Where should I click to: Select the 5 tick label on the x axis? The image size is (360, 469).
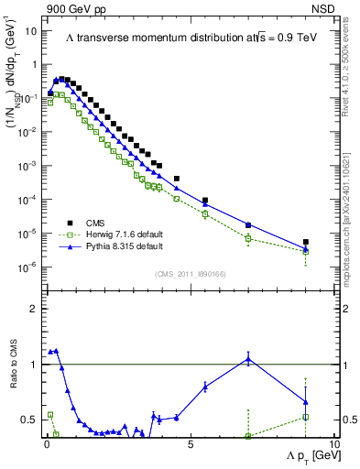190,444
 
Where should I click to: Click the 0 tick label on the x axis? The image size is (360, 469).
47,444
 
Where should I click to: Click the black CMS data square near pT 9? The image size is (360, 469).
306,243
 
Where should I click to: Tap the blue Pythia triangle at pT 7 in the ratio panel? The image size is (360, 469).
248,358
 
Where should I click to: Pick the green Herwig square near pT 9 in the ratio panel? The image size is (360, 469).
306,417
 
